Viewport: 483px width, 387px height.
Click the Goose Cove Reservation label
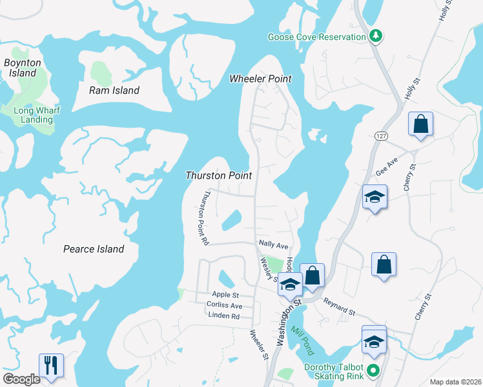tap(317, 37)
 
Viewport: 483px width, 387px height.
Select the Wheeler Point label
tap(261, 79)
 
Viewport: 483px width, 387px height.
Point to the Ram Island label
tap(114, 90)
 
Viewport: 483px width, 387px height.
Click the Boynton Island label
tap(23, 68)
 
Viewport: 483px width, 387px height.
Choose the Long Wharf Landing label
tap(37, 115)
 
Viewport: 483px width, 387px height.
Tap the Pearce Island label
tap(94, 249)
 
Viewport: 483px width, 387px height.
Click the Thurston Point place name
tap(218, 175)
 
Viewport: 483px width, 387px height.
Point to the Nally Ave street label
tap(273, 245)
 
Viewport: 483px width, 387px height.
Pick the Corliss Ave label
tap(224, 305)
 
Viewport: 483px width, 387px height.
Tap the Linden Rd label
tap(224, 316)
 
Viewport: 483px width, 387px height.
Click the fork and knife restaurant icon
tap(50, 365)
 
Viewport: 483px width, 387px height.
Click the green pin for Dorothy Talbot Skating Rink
tap(373, 370)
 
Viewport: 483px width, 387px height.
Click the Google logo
tap(21, 379)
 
